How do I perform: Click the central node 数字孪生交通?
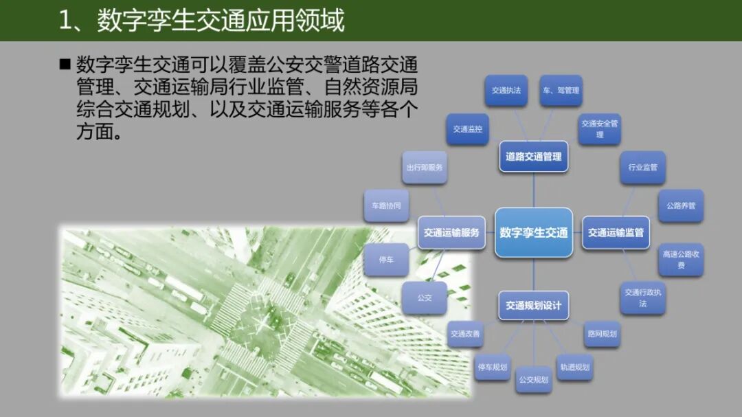point(534,232)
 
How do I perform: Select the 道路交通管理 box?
point(534,156)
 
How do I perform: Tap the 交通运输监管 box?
point(616,232)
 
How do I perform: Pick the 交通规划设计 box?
point(534,305)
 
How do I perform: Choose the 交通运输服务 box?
point(451,232)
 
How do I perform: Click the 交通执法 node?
point(506,90)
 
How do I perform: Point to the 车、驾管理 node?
point(561,90)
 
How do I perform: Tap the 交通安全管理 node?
point(600,128)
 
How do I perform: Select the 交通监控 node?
point(468,128)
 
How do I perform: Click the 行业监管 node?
point(642,167)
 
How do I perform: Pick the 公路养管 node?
point(681,205)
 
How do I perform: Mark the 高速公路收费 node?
point(681,259)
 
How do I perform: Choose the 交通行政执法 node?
point(642,297)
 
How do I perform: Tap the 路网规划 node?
point(601,334)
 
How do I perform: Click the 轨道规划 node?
point(574,367)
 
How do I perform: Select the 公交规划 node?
point(534,379)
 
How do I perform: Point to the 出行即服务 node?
point(425,167)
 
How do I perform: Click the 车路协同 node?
point(386,205)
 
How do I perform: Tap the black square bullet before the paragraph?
point(65,65)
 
